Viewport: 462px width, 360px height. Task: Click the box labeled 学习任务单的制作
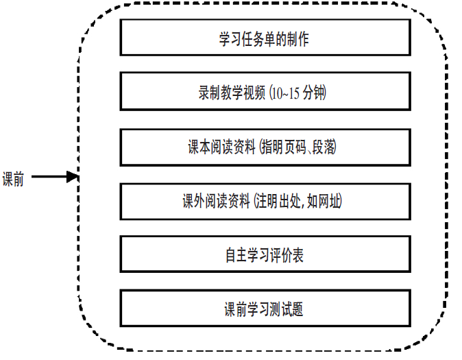265,37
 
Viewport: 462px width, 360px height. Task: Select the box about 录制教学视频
265,92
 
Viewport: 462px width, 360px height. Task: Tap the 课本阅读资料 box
265,147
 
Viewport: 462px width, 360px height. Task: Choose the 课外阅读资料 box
265,201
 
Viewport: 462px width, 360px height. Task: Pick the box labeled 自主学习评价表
265,255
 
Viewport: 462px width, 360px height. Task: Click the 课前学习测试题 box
265,309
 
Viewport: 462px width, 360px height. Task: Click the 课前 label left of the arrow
13,178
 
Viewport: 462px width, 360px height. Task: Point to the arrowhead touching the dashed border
74,178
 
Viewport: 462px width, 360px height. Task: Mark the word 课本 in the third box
199,147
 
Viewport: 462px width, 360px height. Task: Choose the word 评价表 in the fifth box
287,256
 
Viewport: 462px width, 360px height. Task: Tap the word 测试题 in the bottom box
287,310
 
